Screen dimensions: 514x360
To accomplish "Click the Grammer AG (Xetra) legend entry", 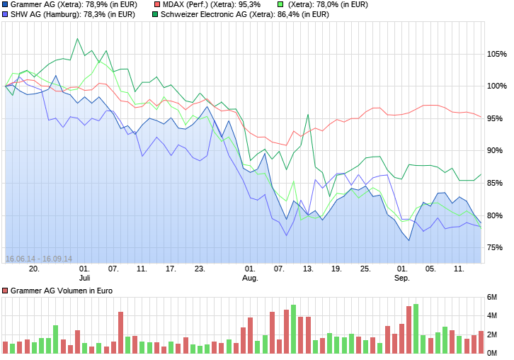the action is [69, 4].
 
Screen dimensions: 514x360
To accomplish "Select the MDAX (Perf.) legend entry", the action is [207, 4].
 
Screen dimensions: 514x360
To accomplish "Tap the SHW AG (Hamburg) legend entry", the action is [69, 14].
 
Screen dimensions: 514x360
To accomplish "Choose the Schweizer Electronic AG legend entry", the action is [241, 14].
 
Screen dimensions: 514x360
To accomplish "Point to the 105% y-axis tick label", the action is [496, 54].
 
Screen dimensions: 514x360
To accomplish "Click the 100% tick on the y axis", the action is [496, 86].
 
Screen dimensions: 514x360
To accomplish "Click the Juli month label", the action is [84, 278].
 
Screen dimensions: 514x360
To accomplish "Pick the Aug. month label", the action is [250, 278].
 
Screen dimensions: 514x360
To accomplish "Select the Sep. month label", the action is [402, 278].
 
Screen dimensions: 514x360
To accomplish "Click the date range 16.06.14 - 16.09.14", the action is [39, 259].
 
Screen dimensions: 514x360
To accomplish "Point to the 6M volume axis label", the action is [492, 297].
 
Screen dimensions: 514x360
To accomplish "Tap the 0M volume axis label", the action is [492, 353].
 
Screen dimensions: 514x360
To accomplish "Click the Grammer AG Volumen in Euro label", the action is [57, 291].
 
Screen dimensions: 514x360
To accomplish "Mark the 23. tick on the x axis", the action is [200, 269].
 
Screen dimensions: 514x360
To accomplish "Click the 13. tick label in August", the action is [308, 269].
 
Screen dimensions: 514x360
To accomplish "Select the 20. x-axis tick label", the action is [34, 269].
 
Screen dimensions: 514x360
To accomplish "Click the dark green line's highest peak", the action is [77, 39].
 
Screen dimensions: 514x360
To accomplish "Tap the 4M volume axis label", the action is [492, 315].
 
